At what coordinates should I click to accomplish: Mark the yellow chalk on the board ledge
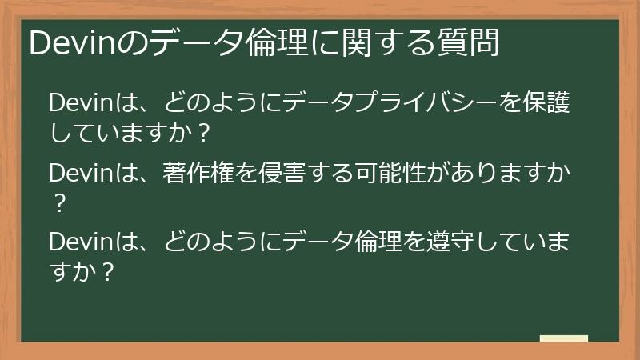(x=563, y=338)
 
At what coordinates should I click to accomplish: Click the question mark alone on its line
(x=57, y=202)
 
